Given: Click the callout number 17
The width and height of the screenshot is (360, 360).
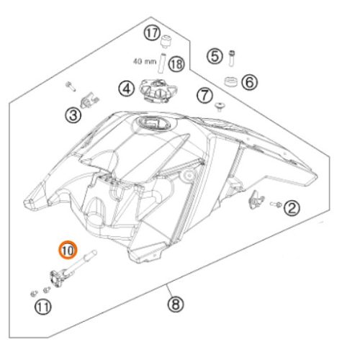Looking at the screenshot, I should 150,32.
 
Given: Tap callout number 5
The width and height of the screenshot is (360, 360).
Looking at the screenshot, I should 215,55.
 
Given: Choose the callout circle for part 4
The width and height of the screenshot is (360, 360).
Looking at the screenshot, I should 127,89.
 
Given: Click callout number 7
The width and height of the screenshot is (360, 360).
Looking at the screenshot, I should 204,94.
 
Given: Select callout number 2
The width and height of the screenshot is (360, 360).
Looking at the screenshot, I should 292,209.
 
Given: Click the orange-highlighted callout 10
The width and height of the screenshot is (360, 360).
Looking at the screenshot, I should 67,251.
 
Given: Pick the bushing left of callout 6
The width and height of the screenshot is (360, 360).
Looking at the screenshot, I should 231,81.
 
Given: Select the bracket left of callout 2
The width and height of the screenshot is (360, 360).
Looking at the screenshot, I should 255,199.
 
